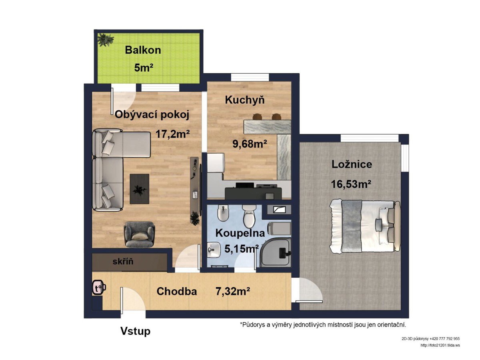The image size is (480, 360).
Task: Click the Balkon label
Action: point(143,50)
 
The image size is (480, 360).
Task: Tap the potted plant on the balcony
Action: point(106,40)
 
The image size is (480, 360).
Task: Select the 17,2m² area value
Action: point(172,134)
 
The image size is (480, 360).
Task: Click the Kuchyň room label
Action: point(245,100)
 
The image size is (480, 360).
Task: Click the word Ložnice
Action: point(352,164)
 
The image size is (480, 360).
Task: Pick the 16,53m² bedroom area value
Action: point(351,184)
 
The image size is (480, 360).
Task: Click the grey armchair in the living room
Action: point(139,234)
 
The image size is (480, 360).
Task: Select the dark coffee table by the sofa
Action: point(140,189)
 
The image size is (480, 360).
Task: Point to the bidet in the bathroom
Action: point(222,213)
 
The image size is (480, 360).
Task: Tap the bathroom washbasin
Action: point(214,250)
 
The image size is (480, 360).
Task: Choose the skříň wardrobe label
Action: point(123,261)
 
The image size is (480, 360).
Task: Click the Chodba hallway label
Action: point(177,291)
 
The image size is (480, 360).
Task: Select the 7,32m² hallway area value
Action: point(233,291)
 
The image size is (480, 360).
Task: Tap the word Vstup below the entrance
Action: point(135,331)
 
